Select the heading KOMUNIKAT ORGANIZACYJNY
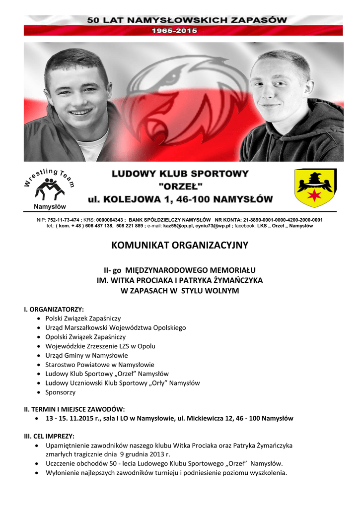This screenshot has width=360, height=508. point(179,245)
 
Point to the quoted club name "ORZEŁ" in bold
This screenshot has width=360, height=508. point(179,187)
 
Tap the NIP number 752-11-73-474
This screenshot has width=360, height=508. point(64,220)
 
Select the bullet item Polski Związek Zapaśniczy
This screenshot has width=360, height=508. point(83,318)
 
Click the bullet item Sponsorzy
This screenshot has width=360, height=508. point(61,392)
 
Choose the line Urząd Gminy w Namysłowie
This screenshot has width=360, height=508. point(86,355)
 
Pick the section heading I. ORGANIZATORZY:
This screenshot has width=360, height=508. point(54,309)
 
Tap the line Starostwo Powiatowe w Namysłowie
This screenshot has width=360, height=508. point(99,365)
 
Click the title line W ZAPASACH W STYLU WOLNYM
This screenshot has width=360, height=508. point(180,291)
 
